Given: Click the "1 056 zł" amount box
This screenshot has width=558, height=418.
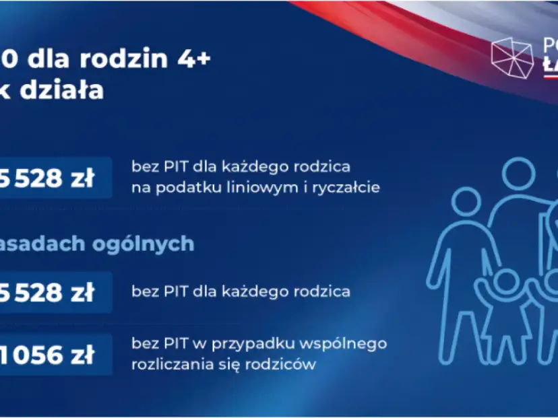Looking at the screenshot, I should (54, 354).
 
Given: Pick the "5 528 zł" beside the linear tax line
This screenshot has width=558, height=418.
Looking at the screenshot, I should (54, 178).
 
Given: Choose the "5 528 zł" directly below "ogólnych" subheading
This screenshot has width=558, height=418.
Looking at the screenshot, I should (54, 291).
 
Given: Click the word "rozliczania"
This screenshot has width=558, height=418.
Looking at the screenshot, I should (168, 364).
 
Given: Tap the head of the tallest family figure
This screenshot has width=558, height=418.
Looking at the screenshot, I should (518, 174).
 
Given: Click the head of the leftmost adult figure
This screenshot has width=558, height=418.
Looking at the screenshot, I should (466, 201).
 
